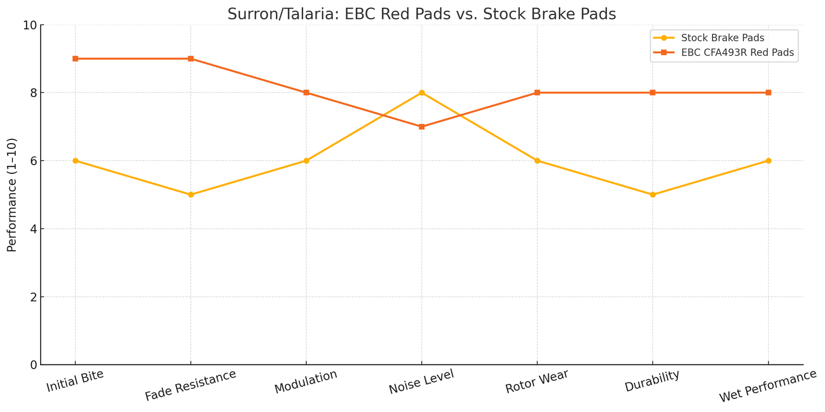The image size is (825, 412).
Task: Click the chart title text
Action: point(422,14)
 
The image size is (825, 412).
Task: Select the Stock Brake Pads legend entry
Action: point(722,38)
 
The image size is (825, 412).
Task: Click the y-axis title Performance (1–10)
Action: point(12,195)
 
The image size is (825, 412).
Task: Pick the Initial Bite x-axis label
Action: point(75,381)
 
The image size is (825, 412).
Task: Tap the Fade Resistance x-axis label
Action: point(190,385)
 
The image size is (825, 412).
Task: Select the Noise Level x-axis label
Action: point(422,383)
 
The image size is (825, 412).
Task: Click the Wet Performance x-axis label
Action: point(768,386)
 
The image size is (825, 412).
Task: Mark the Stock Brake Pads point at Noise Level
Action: point(422,93)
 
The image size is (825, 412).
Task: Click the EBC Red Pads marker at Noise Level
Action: point(422,126)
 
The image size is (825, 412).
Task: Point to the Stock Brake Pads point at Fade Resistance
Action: point(191,195)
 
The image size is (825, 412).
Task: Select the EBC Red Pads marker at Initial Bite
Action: point(75,59)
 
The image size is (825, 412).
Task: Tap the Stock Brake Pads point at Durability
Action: point(653,195)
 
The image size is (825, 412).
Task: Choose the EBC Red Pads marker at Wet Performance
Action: point(768,93)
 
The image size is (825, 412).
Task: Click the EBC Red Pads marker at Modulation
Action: point(306,93)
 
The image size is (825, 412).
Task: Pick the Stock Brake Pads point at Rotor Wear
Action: point(537,161)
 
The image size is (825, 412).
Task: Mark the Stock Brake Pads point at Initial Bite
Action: point(75,161)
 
